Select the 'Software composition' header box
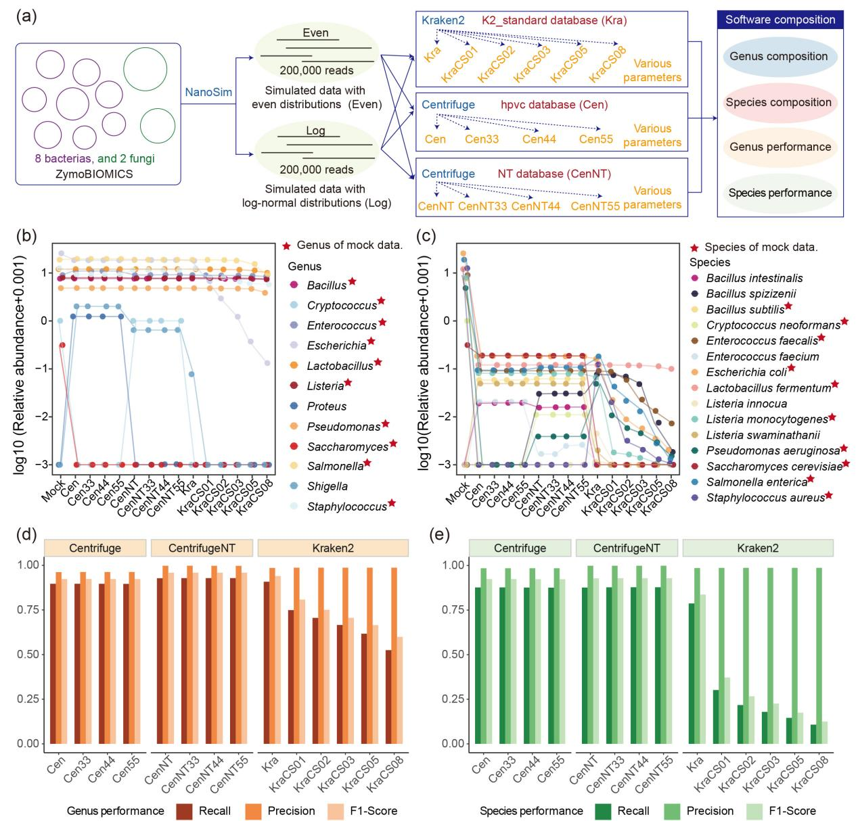click(780, 20)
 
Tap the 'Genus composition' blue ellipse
click(779, 57)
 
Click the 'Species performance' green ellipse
click(780, 193)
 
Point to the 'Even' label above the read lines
click(315, 32)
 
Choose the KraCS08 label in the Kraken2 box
click(606, 64)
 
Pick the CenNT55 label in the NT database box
click(595, 206)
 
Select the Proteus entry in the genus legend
click(326, 406)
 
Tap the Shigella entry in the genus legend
click(328, 486)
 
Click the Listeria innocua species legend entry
click(746, 404)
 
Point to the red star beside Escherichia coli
click(791, 369)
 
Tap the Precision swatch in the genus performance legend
click(255, 811)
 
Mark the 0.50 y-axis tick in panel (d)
click(29, 655)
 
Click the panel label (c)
click(441, 236)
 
